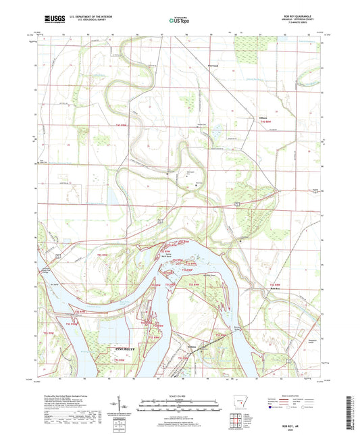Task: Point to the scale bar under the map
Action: click(x=180, y=407)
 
